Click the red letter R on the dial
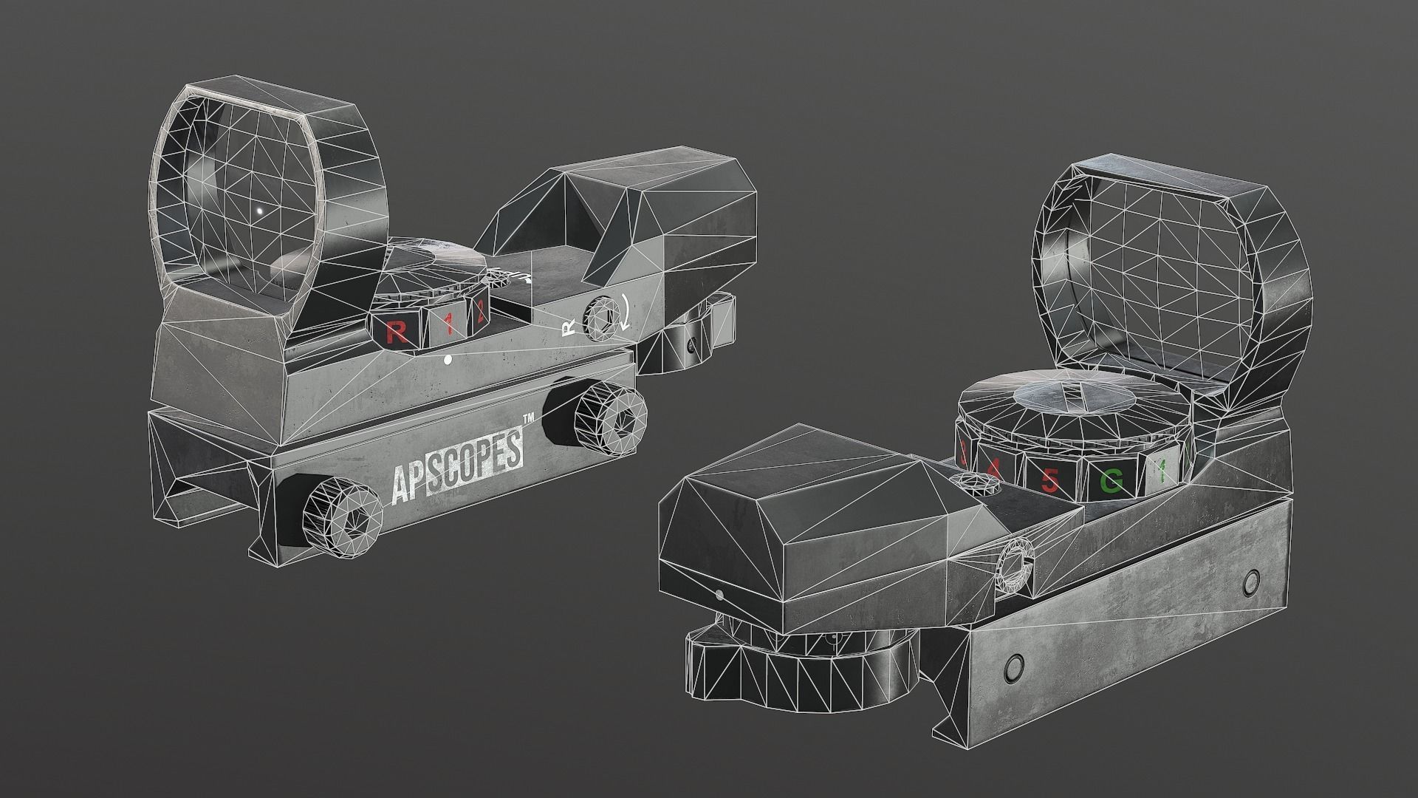pos(396,332)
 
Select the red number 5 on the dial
pos(1049,481)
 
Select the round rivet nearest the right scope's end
pos(1250,583)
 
